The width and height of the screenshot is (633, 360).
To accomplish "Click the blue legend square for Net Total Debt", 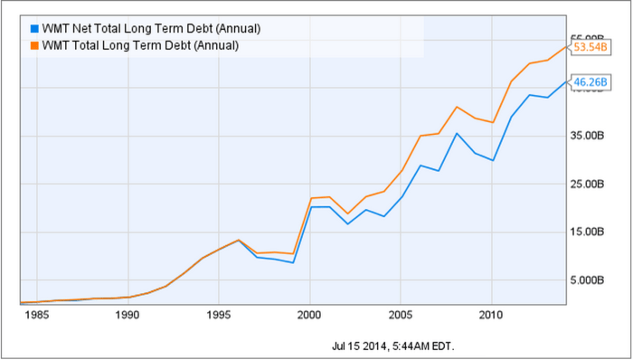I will pos(34,28).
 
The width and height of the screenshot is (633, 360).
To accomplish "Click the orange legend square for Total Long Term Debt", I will pos(34,44).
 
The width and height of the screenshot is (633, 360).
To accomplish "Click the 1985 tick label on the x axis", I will pos(36,316).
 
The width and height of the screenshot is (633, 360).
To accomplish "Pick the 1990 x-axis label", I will pos(128,316).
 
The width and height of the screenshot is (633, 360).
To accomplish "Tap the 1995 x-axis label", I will pos(219,316).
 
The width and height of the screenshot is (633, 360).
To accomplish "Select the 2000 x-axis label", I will pos(309,316).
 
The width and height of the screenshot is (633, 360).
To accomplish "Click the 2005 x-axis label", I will pos(401,316).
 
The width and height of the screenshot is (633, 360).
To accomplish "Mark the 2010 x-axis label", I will pos(491,316).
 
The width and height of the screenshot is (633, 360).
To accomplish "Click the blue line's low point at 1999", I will pos(292,262).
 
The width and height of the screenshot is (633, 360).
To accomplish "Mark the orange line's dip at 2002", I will pos(347,213).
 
